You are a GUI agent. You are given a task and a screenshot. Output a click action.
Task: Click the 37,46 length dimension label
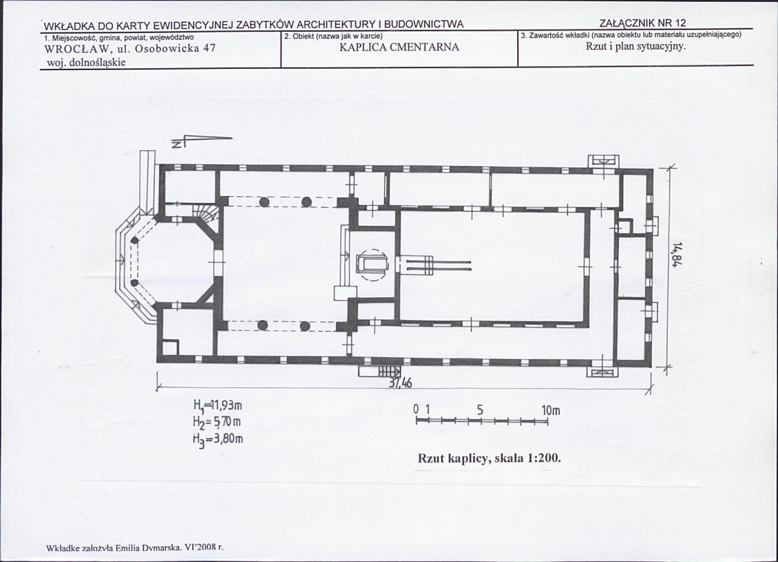(x=400, y=383)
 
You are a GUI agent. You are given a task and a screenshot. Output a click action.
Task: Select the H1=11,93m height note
(x=217, y=406)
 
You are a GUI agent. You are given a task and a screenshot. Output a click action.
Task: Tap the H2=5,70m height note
(x=217, y=422)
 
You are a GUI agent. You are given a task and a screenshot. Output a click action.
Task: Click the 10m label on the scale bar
(x=551, y=411)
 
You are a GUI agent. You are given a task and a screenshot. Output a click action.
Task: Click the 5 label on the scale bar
(x=480, y=411)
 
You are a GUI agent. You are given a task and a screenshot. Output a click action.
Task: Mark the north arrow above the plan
(x=201, y=141)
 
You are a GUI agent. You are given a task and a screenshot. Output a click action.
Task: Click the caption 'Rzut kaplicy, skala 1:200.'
(x=489, y=458)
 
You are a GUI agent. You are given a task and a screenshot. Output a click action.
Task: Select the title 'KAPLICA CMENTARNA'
(x=400, y=47)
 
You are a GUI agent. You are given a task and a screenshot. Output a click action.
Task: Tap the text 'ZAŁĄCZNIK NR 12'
(x=642, y=23)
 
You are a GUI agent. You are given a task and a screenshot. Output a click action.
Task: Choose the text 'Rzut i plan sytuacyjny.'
(x=636, y=47)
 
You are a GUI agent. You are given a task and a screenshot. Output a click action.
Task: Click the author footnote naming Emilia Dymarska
(x=134, y=548)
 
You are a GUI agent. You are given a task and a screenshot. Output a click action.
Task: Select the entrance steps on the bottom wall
(x=380, y=371)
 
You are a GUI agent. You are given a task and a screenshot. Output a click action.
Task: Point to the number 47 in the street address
(x=210, y=49)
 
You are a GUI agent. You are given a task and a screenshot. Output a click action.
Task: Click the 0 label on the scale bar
(x=417, y=411)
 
